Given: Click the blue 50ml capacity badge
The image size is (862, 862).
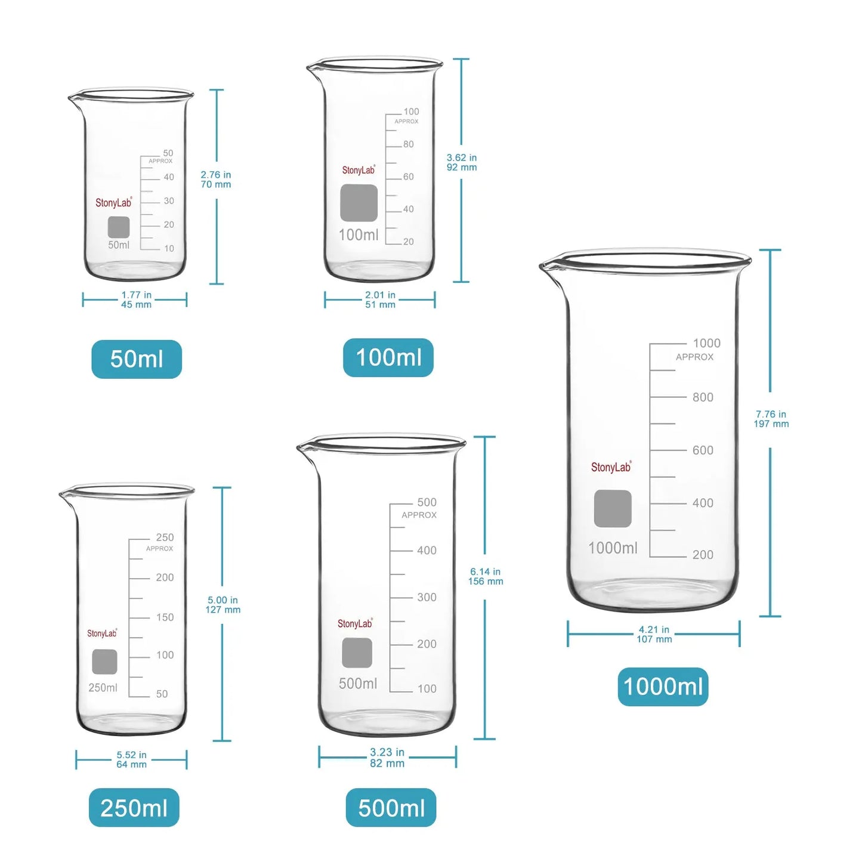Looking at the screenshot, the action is pos(137,359).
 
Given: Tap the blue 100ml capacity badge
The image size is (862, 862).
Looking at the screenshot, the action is pos(388,357).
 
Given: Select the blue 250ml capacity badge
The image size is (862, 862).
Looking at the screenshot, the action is pos(134,808).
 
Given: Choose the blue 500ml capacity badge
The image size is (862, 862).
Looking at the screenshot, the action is pos(391,808).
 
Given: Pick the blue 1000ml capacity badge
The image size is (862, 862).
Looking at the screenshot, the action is pos(663,687).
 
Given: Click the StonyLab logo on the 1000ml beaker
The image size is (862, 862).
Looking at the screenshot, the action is pos(611,466).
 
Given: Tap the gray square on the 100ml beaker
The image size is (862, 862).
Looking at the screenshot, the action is pos(359,203).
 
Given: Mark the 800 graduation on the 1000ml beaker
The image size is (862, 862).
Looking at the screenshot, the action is pos(702,397).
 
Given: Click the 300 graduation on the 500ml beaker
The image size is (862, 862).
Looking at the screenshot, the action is pos(427,597).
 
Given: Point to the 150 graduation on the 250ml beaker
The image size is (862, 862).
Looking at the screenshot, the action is pos(165,617).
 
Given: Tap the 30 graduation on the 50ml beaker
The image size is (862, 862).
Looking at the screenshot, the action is pos(169,201).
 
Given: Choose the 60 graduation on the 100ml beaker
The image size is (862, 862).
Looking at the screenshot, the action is pos(408,177).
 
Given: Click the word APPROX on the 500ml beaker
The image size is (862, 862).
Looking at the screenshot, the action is pos(419,515).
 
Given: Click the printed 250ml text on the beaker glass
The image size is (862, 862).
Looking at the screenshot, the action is pos(103,688).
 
